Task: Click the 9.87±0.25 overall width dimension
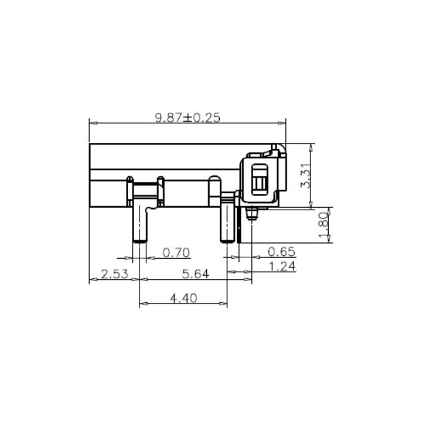tap(188, 117)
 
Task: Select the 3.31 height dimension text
tap(306, 176)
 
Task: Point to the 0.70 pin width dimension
tap(176, 253)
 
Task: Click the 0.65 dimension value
tap(282, 253)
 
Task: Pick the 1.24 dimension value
tap(282, 267)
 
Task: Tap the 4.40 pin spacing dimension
tap(182, 297)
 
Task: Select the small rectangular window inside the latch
tap(260, 178)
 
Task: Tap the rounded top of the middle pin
tap(214, 180)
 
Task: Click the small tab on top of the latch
tap(274, 146)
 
